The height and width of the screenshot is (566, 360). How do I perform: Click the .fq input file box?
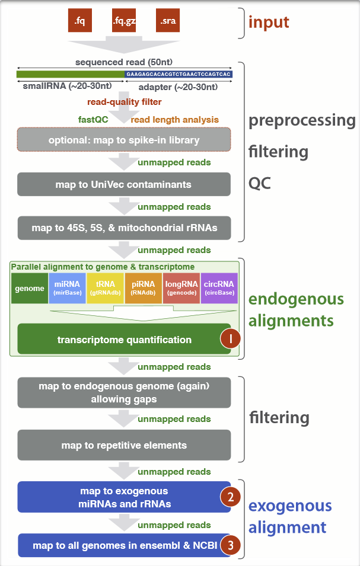pyautogui.click(x=80, y=21)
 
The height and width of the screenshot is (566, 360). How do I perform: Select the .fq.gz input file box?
pyautogui.click(x=123, y=21)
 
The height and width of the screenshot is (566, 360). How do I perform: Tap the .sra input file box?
pyautogui.click(x=167, y=21)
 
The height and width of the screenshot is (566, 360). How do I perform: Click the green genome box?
pyautogui.click(x=30, y=288)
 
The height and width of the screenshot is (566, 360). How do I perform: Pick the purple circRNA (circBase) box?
pyautogui.click(x=219, y=288)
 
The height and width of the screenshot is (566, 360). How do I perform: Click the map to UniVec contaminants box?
pyautogui.click(x=124, y=184)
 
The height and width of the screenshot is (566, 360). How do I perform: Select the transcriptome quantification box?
pyautogui.click(x=124, y=340)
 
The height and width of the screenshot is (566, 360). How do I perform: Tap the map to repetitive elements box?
pyautogui.click(x=124, y=445)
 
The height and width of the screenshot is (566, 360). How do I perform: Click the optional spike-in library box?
pyautogui.click(x=124, y=140)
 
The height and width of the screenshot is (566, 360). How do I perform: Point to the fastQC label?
pyautogui.click(x=93, y=119)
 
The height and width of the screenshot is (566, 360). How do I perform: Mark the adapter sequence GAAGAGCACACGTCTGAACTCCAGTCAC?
pyautogui.click(x=178, y=75)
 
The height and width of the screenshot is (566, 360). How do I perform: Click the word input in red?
pyautogui.click(x=269, y=23)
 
